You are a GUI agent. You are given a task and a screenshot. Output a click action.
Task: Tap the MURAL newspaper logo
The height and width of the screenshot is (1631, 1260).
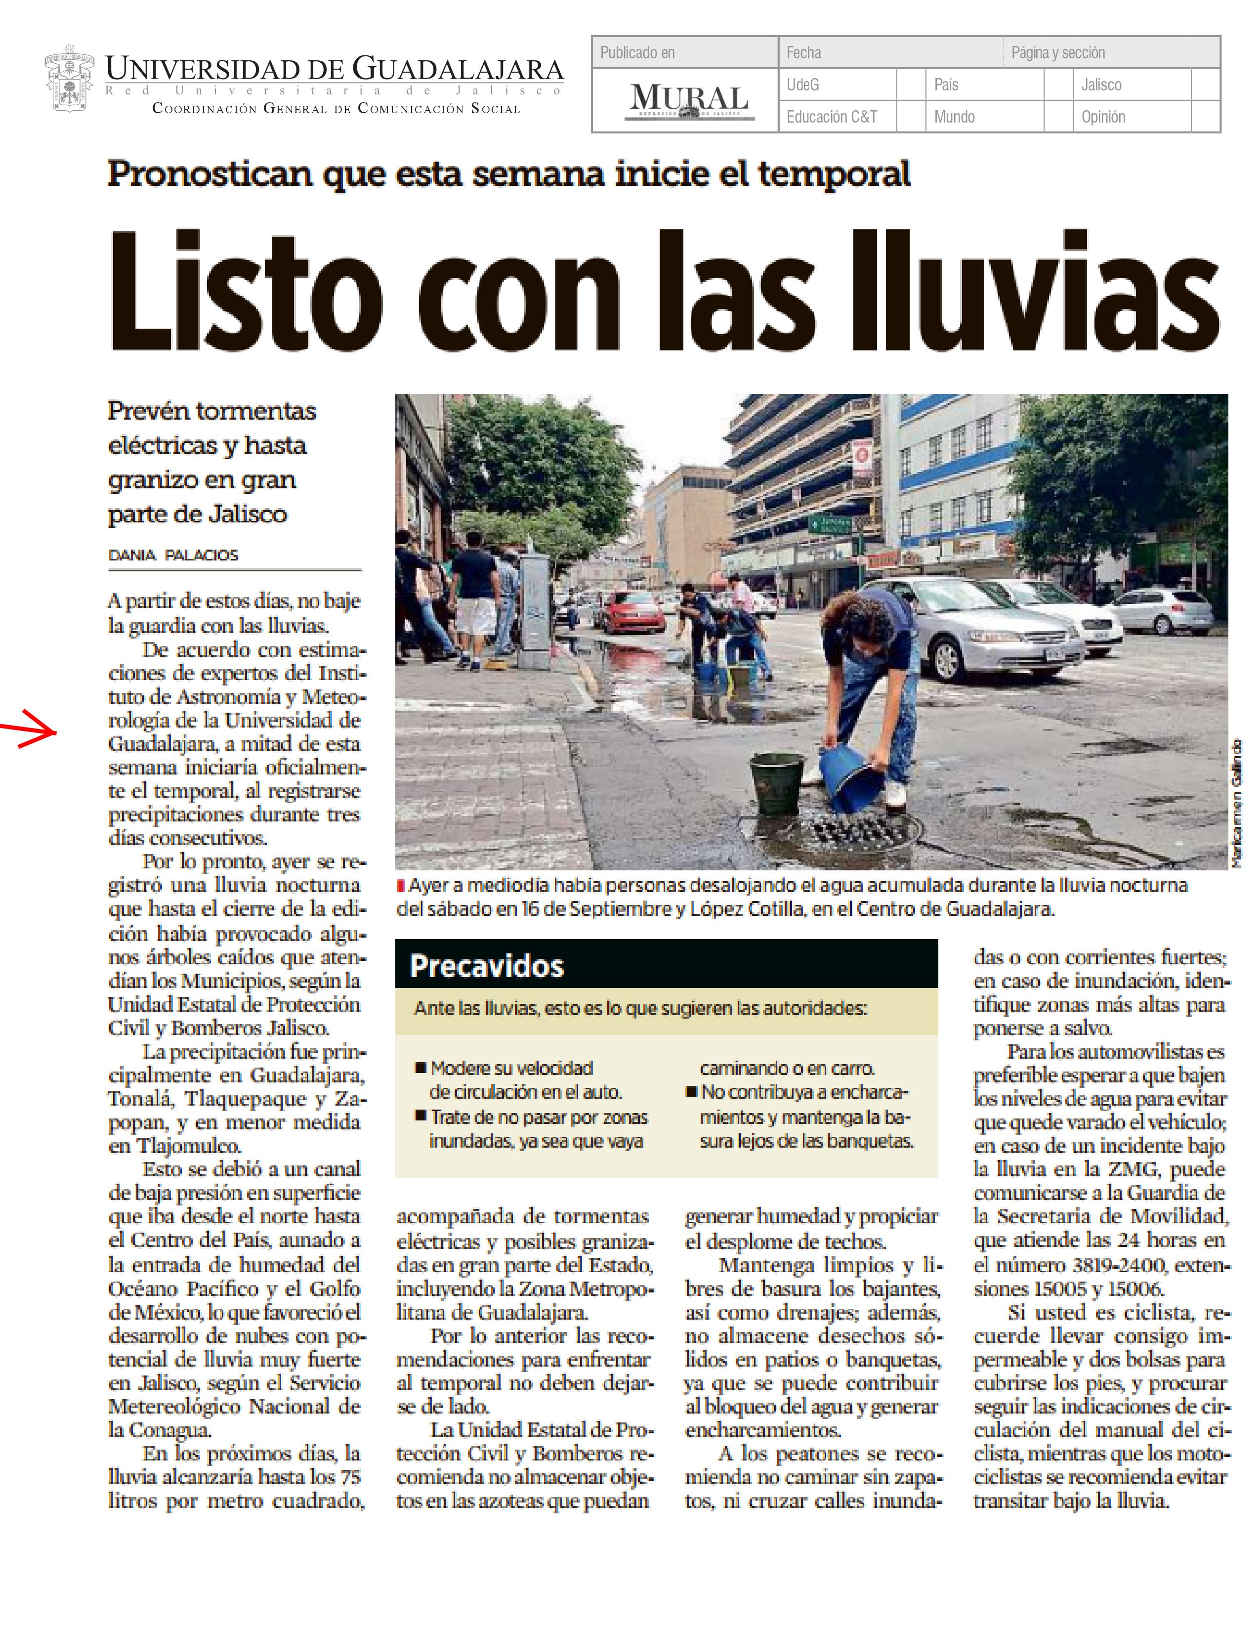pos(688,101)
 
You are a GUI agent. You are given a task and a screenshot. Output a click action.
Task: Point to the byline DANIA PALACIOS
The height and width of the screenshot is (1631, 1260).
pos(173,555)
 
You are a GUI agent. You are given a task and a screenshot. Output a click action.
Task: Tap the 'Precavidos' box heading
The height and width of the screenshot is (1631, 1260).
pos(487,966)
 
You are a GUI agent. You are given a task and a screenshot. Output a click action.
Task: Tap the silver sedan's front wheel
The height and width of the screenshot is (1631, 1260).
pos(947,659)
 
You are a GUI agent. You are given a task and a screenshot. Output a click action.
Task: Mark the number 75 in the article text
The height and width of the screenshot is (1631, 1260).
pos(345,1476)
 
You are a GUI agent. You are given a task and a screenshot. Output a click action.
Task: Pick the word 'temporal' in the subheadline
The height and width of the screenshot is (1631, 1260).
pos(834,174)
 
